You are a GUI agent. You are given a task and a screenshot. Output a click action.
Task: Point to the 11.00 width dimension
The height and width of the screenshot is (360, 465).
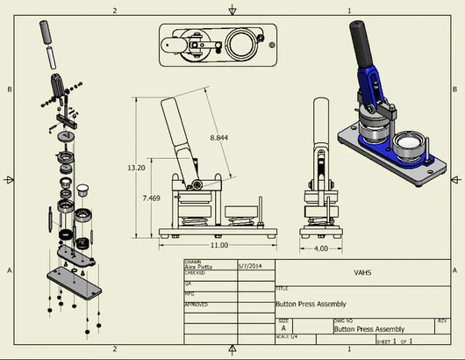218,245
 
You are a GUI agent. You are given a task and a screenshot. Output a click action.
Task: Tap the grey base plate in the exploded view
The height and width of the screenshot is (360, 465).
75,280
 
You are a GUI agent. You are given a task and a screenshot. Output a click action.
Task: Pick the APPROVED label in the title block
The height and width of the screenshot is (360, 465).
196,305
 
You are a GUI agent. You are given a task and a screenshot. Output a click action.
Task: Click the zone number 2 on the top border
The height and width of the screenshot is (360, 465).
115,11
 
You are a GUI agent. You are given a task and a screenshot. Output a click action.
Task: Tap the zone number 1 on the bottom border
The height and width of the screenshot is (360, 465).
349,349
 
